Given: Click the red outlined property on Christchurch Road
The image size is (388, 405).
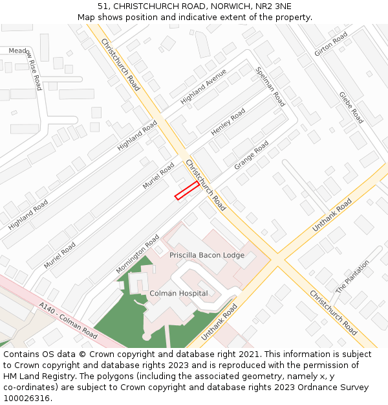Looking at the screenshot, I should (x=187, y=190).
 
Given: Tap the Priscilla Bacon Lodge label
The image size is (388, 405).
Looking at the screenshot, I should (x=207, y=255).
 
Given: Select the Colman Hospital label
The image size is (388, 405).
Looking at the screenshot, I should (x=178, y=294).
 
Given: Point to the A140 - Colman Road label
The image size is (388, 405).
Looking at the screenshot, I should (x=68, y=321).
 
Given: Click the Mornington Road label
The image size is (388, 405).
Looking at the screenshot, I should (x=138, y=253).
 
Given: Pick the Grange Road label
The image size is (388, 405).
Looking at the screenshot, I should (x=252, y=156).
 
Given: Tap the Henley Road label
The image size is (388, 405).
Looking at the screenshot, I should (x=228, y=122).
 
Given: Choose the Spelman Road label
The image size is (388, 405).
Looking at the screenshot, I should (x=270, y=87).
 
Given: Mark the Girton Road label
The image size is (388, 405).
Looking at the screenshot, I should (x=330, y=44).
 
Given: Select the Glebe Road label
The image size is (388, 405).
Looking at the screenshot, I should (x=351, y=108).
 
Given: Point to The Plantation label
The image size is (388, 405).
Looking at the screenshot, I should (x=352, y=277).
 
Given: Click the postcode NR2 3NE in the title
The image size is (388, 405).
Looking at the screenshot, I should (x=274, y=6).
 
